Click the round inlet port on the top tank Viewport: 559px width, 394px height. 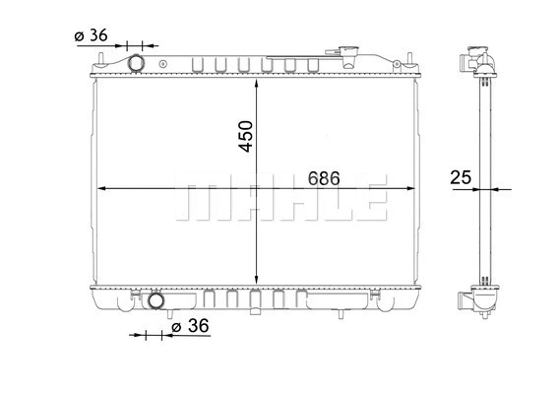click(x=136, y=64)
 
